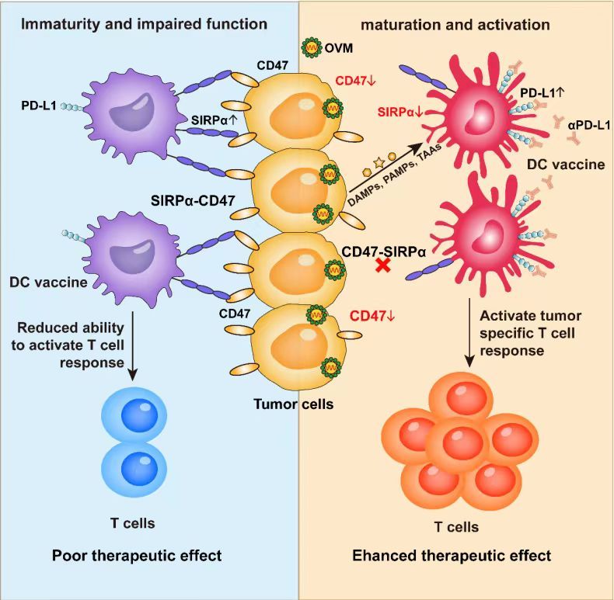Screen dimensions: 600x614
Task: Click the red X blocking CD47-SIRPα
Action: pos(382,266)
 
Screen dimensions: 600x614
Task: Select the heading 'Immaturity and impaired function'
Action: pos(144,24)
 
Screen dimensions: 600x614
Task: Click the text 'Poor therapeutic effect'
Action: pos(137,555)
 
